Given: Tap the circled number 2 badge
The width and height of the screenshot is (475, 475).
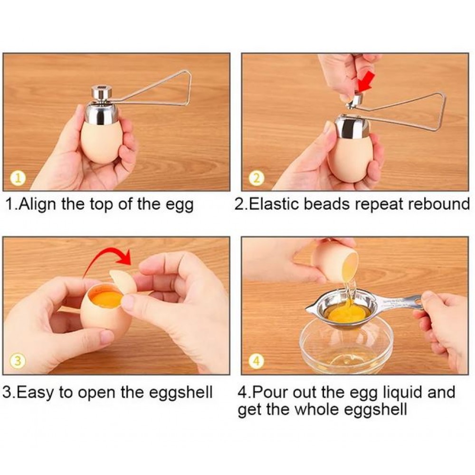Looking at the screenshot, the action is tap(256, 179).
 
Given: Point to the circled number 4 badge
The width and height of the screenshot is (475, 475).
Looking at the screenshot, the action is tap(256, 361).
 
